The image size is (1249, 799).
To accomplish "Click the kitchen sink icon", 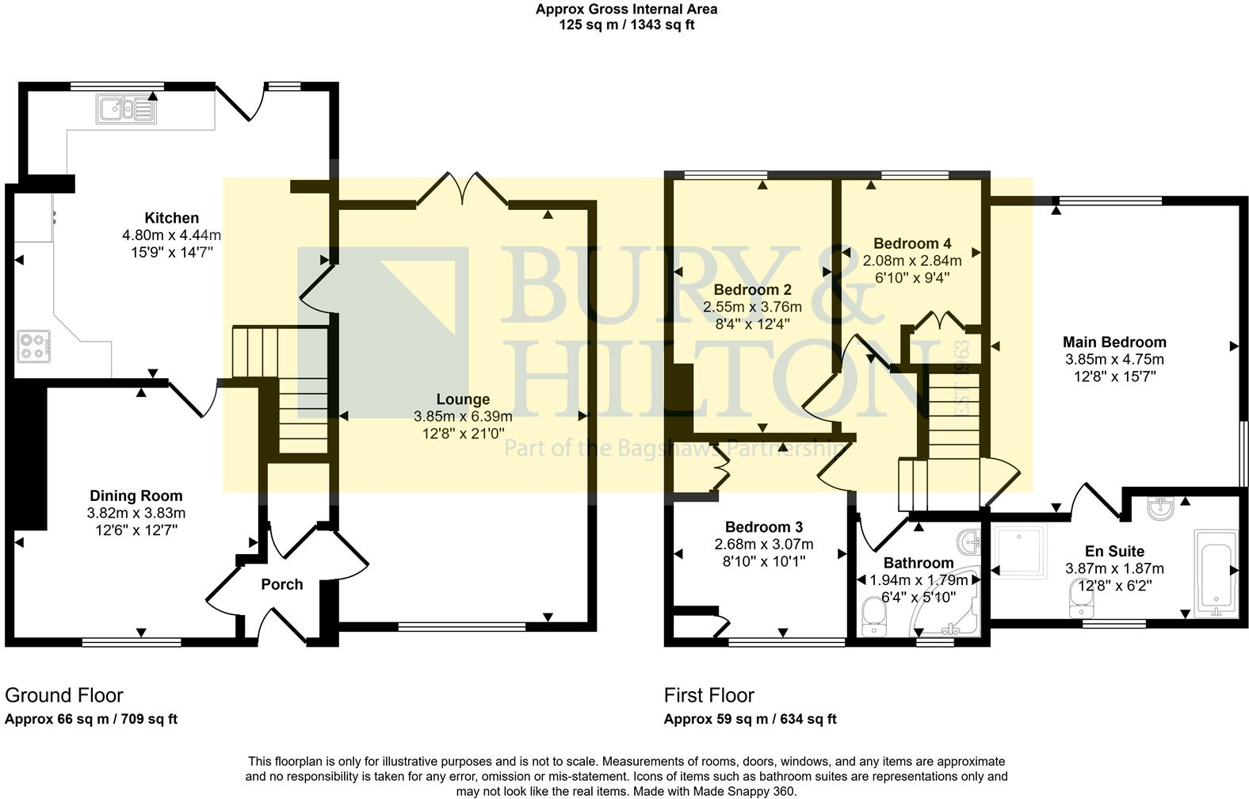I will click(x=127, y=109).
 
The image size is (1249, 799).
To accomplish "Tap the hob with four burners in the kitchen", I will click(x=33, y=346).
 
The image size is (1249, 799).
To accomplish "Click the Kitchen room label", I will click(x=171, y=218).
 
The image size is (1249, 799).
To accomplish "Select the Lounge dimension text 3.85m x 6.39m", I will click(x=463, y=416).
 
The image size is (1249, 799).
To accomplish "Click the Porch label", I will click(x=282, y=584).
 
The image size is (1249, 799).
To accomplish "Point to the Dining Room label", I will click(x=136, y=496).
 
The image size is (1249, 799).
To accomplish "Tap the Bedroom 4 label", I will click(x=912, y=243).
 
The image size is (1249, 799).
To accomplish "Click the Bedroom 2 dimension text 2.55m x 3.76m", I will click(x=752, y=307).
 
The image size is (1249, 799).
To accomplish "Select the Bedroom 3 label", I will click(x=763, y=527).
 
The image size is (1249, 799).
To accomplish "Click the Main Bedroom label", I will click(x=1114, y=342).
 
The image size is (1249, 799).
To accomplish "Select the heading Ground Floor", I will click(x=64, y=695).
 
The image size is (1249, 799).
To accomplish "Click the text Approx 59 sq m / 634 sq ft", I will click(x=750, y=720).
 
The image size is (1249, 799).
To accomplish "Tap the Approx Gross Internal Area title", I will click(x=626, y=10).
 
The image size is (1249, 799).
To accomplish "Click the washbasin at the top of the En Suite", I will click(x=1161, y=508).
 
